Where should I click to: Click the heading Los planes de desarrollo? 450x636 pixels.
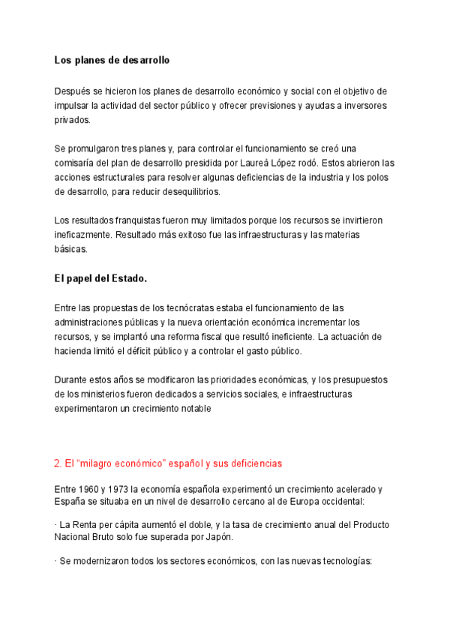112,59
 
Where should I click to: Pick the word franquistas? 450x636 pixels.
130,220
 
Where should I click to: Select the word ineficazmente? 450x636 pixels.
84,234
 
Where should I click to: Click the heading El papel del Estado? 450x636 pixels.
100,278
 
